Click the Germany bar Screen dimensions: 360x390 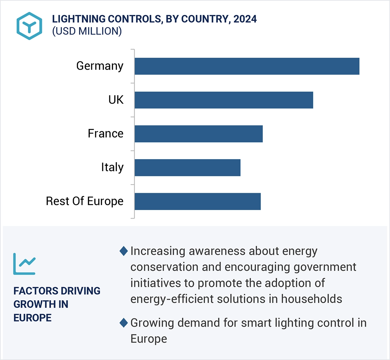pos(247,66)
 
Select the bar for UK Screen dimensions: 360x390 pos(224,100)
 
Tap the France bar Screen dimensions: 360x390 pos(198,134)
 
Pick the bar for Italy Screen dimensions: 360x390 pos(187,168)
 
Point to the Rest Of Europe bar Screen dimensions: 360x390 pos(197,201)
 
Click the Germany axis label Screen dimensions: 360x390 pos(100,66)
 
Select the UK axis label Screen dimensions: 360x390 pos(116,100)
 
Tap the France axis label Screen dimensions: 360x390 pos(105,134)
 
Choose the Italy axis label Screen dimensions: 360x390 pos(112,167)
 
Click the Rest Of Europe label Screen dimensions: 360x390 pos(85,201)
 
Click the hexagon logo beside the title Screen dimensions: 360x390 pos(29,26)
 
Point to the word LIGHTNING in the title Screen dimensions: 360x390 pos(79,19)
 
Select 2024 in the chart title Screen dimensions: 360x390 pos(245,19)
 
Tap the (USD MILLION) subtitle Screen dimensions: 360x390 pos(87,31)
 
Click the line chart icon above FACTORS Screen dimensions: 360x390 pos(24,264)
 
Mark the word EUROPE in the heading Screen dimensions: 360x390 pos(32,318)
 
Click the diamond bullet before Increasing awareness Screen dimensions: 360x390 pos(124,251)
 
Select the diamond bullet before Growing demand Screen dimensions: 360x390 pos(124,323)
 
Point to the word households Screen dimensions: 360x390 pos(312,299)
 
